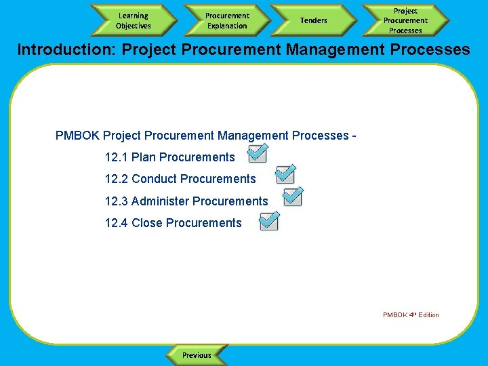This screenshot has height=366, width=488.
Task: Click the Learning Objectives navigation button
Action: (133, 20)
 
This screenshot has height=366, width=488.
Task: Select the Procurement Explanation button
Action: (227, 20)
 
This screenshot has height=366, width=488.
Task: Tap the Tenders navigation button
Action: (313, 20)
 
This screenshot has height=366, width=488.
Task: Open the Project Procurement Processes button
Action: (405, 20)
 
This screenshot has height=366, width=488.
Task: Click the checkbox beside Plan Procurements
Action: (257, 154)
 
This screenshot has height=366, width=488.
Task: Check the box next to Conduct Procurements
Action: (285, 174)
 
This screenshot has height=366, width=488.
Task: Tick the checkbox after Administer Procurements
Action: (293, 197)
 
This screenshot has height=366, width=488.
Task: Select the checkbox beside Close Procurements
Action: (270, 220)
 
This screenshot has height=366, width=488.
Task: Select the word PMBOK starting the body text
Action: (77, 136)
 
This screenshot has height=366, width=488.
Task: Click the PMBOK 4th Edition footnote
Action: (411, 314)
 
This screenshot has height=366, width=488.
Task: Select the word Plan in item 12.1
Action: (144, 157)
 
